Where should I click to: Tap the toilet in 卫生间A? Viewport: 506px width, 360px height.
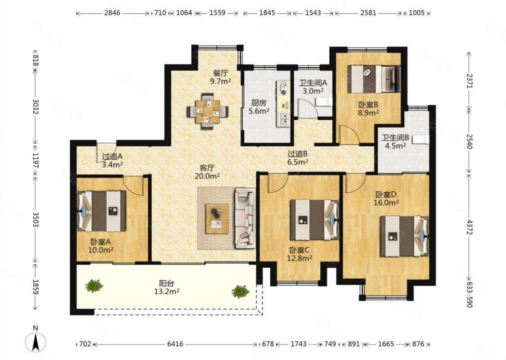324,102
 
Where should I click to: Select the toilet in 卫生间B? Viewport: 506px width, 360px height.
421,139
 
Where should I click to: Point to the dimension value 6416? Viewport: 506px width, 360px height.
175,344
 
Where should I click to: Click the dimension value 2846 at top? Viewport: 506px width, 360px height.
112,13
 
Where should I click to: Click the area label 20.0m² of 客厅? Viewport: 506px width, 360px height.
207,176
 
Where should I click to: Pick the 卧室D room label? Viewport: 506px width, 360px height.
386,195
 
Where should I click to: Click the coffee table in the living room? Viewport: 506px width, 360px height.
217,219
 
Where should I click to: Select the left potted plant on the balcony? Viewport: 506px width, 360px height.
94,286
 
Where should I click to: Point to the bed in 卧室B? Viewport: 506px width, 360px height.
374,79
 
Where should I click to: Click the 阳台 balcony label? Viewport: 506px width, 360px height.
166,283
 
